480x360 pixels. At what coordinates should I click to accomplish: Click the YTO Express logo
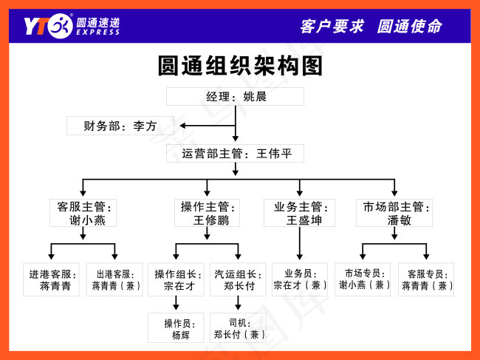point(70,26)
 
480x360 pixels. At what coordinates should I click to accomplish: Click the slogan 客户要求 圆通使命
point(371,26)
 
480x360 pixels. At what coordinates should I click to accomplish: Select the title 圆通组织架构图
point(241,66)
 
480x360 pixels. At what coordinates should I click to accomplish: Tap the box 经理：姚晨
point(235,97)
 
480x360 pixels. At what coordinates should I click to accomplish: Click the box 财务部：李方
point(120,126)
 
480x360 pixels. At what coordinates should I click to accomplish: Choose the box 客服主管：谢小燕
point(83,213)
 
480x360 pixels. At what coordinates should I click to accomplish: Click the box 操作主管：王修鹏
point(207,213)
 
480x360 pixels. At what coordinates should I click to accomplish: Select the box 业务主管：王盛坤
point(299,213)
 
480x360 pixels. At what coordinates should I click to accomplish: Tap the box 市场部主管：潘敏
point(394,213)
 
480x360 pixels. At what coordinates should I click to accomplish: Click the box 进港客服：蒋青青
point(51,279)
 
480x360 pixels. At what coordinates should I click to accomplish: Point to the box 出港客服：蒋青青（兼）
point(116,279)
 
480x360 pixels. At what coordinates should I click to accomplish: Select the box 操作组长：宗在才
point(176,279)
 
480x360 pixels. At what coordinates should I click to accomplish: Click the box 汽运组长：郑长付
point(238,279)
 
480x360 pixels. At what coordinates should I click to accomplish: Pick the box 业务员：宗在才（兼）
point(300,279)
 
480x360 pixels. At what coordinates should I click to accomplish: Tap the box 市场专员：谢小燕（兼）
point(363,279)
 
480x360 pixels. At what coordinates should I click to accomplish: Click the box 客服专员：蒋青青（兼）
point(426,279)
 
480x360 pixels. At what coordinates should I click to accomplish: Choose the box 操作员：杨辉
point(176,328)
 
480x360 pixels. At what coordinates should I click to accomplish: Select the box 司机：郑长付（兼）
point(238,328)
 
